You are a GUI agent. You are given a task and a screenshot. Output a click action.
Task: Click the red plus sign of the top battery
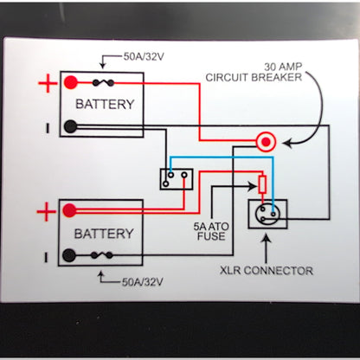(x=45, y=84)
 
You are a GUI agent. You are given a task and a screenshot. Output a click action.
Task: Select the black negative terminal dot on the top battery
(x=70, y=126)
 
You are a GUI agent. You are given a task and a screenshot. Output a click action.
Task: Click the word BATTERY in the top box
(x=105, y=105)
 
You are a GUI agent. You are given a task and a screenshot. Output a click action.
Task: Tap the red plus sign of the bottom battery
(x=45, y=211)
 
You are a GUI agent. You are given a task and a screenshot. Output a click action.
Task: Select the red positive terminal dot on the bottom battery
(x=69, y=210)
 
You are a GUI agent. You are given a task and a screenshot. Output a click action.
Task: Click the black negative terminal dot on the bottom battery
(x=69, y=255)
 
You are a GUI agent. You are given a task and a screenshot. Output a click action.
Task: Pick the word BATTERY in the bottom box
(x=104, y=234)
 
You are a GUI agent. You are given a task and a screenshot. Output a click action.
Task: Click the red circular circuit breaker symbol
(x=267, y=139)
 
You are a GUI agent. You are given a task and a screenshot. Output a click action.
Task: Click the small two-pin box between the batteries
(x=177, y=178)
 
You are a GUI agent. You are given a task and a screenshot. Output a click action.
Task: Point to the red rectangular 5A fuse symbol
(x=262, y=183)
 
